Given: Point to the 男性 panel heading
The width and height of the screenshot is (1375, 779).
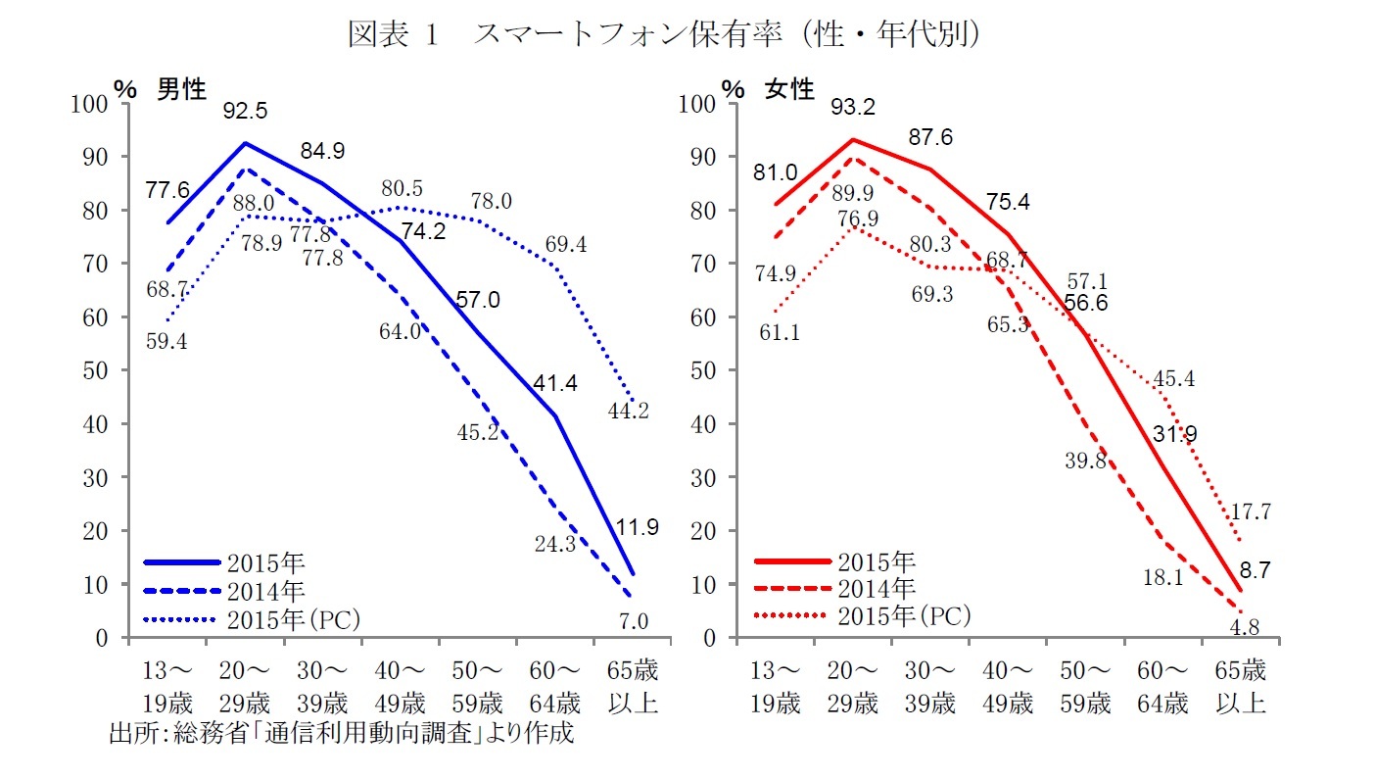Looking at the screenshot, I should pyautogui.click(x=181, y=89).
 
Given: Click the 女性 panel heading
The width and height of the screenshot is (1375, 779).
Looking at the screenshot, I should pyautogui.click(x=789, y=89).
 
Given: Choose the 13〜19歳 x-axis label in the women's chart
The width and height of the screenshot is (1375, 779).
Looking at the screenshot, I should pyautogui.click(x=775, y=688).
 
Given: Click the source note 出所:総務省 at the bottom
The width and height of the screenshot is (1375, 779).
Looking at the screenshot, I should pyautogui.click(x=340, y=734).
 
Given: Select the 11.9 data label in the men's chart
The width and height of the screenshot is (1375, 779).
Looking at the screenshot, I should pyautogui.click(x=638, y=527).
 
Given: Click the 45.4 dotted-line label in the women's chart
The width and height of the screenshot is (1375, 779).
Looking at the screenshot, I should pyautogui.click(x=1173, y=378).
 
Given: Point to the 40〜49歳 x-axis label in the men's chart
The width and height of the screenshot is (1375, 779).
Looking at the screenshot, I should pyautogui.click(x=400, y=688).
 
